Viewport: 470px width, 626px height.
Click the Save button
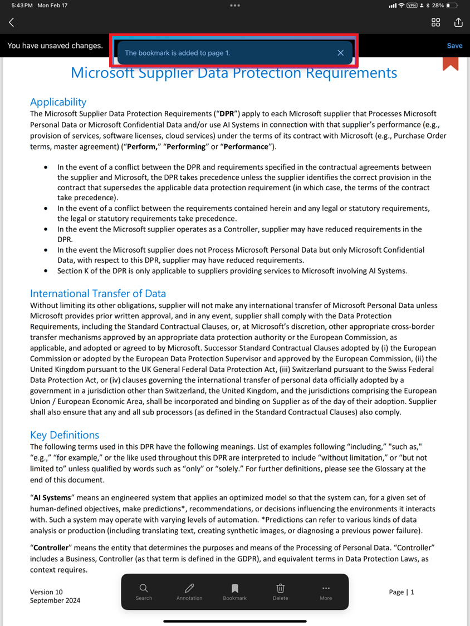pos(454,46)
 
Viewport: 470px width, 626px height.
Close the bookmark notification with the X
pos(341,53)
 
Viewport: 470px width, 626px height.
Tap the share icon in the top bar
pos(458,22)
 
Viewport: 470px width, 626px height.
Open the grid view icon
pos(436,22)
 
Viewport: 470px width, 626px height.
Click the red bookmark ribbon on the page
pos(451,63)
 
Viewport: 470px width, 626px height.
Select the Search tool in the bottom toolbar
pos(144,592)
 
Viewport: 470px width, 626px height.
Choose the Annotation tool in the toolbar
pos(189,592)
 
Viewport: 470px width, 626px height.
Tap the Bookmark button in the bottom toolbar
pos(234,592)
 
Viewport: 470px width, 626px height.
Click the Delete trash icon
pos(281,592)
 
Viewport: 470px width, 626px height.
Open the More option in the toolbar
pos(326,592)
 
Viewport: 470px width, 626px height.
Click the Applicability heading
pos(58,102)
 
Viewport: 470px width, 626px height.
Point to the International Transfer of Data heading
pos(98,293)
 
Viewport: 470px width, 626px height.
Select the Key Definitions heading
pos(65,435)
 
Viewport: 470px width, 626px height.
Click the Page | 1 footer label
pos(402,592)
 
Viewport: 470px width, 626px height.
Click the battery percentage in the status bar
pos(438,5)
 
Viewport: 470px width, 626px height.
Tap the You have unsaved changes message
pos(55,46)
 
